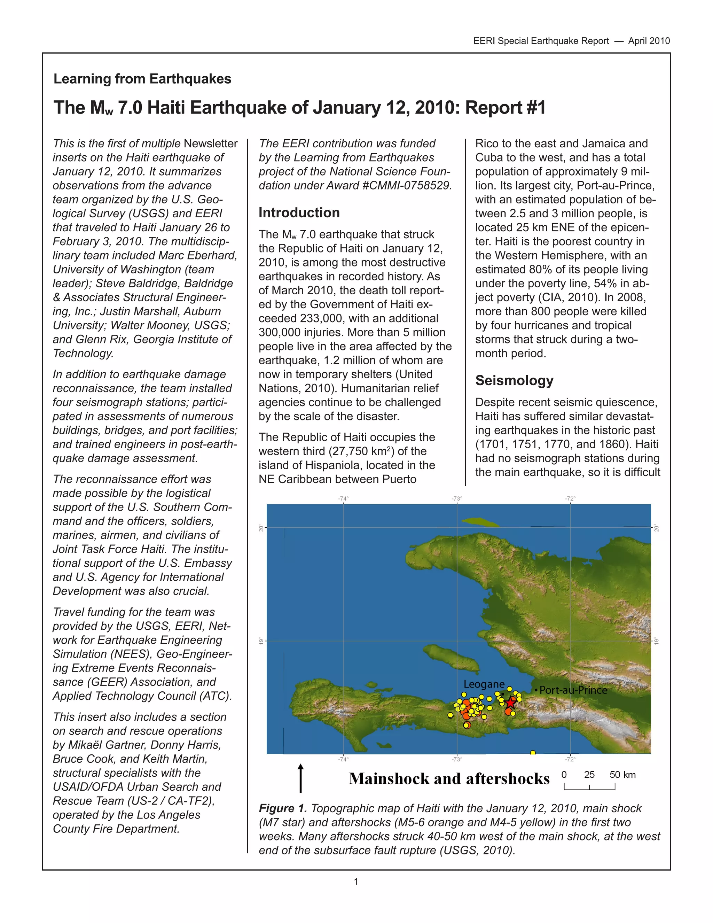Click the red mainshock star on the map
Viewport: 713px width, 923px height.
tap(511, 703)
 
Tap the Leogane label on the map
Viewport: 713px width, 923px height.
tap(484, 684)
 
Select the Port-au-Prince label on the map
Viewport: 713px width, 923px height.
tap(573, 690)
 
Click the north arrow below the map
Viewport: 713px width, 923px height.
tap(300, 778)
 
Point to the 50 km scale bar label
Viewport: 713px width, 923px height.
tap(622, 775)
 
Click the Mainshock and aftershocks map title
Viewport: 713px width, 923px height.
tap(449, 779)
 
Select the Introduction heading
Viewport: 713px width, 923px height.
tap(299, 212)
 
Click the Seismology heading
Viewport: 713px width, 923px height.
tap(514, 380)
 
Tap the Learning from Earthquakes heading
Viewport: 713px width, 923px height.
tap(142, 79)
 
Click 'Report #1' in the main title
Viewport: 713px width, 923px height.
tap(505, 108)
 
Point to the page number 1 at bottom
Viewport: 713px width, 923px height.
tap(356, 882)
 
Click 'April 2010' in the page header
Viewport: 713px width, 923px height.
tap(649, 41)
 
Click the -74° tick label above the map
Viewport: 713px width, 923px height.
tap(343, 499)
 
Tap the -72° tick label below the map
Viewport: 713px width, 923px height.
tap(570, 759)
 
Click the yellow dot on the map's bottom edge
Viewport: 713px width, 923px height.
tap(533, 753)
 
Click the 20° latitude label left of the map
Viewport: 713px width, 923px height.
tap(261, 528)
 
